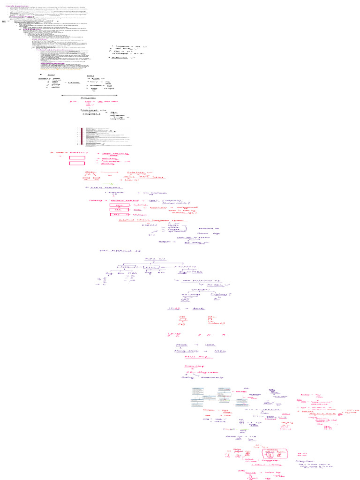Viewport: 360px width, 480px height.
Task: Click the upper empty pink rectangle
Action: (x=77, y=158)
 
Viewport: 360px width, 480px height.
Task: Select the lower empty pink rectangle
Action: (x=77, y=163)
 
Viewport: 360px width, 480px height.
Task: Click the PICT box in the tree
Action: (x=143, y=267)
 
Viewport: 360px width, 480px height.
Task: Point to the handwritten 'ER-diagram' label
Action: (x=197, y=371)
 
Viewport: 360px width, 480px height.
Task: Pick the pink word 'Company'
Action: (x=95, y=200)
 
